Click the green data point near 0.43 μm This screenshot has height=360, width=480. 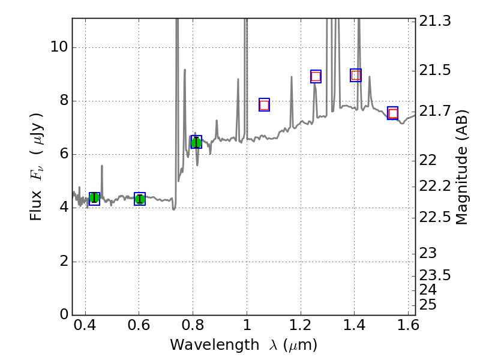point(94,198)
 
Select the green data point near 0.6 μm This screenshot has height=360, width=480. point(140,199)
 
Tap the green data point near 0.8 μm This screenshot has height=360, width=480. point(196,142)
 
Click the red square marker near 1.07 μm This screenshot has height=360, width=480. point(264,105)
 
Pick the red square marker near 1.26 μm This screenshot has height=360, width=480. point(316,76)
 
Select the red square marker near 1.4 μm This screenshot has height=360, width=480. point(356,75)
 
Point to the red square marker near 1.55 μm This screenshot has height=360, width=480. point(393,113)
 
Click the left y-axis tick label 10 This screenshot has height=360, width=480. point(59,47)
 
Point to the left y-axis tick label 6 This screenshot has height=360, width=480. point(63,154)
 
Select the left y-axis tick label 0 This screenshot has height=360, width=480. point(63,315)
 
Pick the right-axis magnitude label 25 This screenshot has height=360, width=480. point(430,305)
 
